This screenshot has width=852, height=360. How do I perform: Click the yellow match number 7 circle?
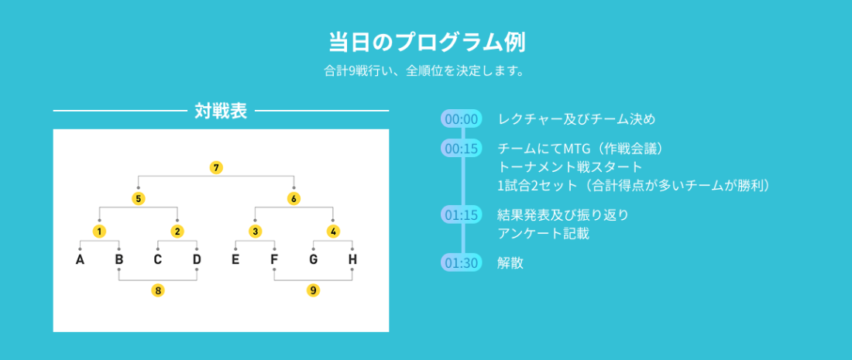tap(216, 168)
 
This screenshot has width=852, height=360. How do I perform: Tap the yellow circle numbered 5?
tap(139, 199)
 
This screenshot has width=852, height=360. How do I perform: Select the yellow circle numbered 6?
tap(294, 199)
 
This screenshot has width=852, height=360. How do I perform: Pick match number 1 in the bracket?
tap(99, 231)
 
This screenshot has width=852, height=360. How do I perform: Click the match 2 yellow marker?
tap(177, 231)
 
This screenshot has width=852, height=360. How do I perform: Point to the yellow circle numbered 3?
tap(255, 231)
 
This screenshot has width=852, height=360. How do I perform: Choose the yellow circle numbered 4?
tap(333, 231)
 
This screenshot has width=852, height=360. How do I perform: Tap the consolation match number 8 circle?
tap(157, 290)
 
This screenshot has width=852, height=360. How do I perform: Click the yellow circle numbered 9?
tap(313, 290)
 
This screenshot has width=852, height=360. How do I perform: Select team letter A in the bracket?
tap(80, 259)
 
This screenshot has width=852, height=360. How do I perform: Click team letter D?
tap(197, 259)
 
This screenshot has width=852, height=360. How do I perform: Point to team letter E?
tap(235, 259)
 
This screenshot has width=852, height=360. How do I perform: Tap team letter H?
tap(352, 259)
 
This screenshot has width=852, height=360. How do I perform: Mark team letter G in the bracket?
tap(314, 259)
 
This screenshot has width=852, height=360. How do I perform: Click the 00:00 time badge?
tap(462, 119)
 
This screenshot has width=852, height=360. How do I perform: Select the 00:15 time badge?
tap(462, 148)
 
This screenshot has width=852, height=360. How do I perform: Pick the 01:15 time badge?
tap(462, 215)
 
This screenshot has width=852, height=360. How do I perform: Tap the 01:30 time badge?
tap(462, 262)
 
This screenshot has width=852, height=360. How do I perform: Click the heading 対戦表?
tap(221, 111)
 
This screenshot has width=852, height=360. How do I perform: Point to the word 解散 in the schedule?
tap(510, 262)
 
